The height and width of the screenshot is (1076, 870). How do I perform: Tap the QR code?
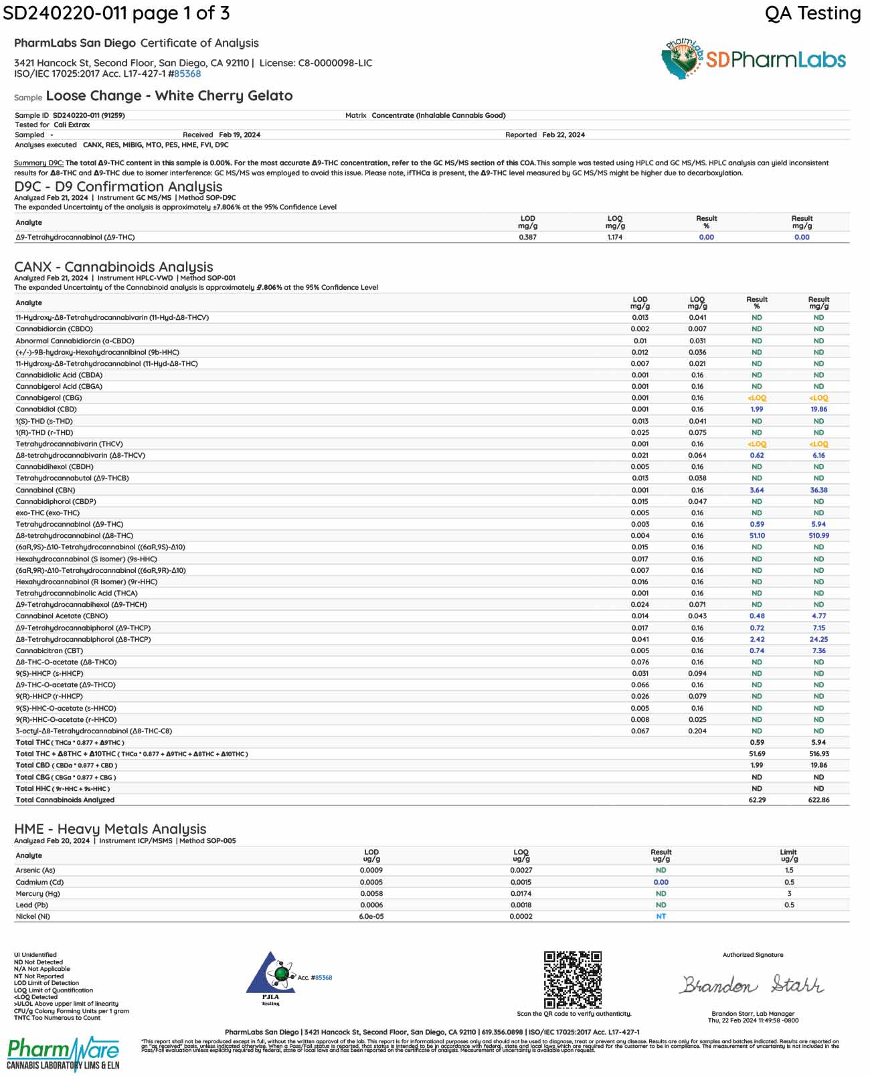pos(572,979)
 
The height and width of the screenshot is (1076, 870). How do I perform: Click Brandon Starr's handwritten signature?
pos(752,985)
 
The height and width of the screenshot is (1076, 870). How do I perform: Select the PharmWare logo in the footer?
pos(63,1053)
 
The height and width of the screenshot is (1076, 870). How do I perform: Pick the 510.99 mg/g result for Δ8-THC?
pos(818,536)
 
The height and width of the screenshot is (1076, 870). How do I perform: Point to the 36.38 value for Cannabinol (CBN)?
pos(818,490)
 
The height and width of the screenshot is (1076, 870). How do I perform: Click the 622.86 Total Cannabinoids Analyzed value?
pos(818,800)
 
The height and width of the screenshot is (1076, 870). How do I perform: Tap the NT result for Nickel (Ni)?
pos(661,917)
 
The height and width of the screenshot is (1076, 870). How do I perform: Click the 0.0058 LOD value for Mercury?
pos(371,893)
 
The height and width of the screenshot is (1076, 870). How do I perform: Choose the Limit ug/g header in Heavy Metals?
pos(789,855)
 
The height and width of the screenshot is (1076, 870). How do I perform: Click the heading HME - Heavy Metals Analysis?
pos(110,829)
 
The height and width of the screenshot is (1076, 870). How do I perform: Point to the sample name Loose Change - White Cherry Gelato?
pos(169,96)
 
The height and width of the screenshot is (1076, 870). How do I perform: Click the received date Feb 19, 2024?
pos(240,134)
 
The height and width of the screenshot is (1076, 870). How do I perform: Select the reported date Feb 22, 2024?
pos(563,134)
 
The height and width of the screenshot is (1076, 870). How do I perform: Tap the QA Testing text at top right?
pos(812,13)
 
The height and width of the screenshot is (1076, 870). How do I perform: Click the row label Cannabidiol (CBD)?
pos(46,409)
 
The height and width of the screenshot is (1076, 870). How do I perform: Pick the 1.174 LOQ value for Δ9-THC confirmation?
pos(615,238)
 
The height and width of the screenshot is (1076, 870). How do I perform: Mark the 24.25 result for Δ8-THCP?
pos(818,639)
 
